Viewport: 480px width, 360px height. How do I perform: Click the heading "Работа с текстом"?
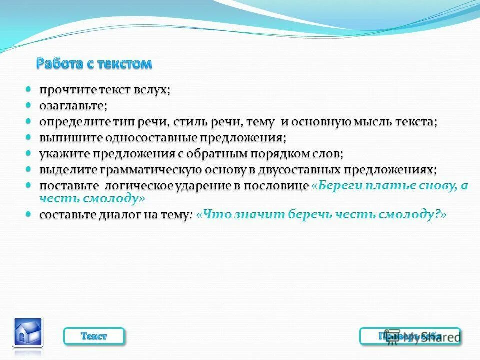[94, 64]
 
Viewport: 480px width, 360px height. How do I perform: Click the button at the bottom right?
[410, 336]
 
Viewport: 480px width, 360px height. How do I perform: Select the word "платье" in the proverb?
[383, 185]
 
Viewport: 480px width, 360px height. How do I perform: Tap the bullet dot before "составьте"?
[29, 214]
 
